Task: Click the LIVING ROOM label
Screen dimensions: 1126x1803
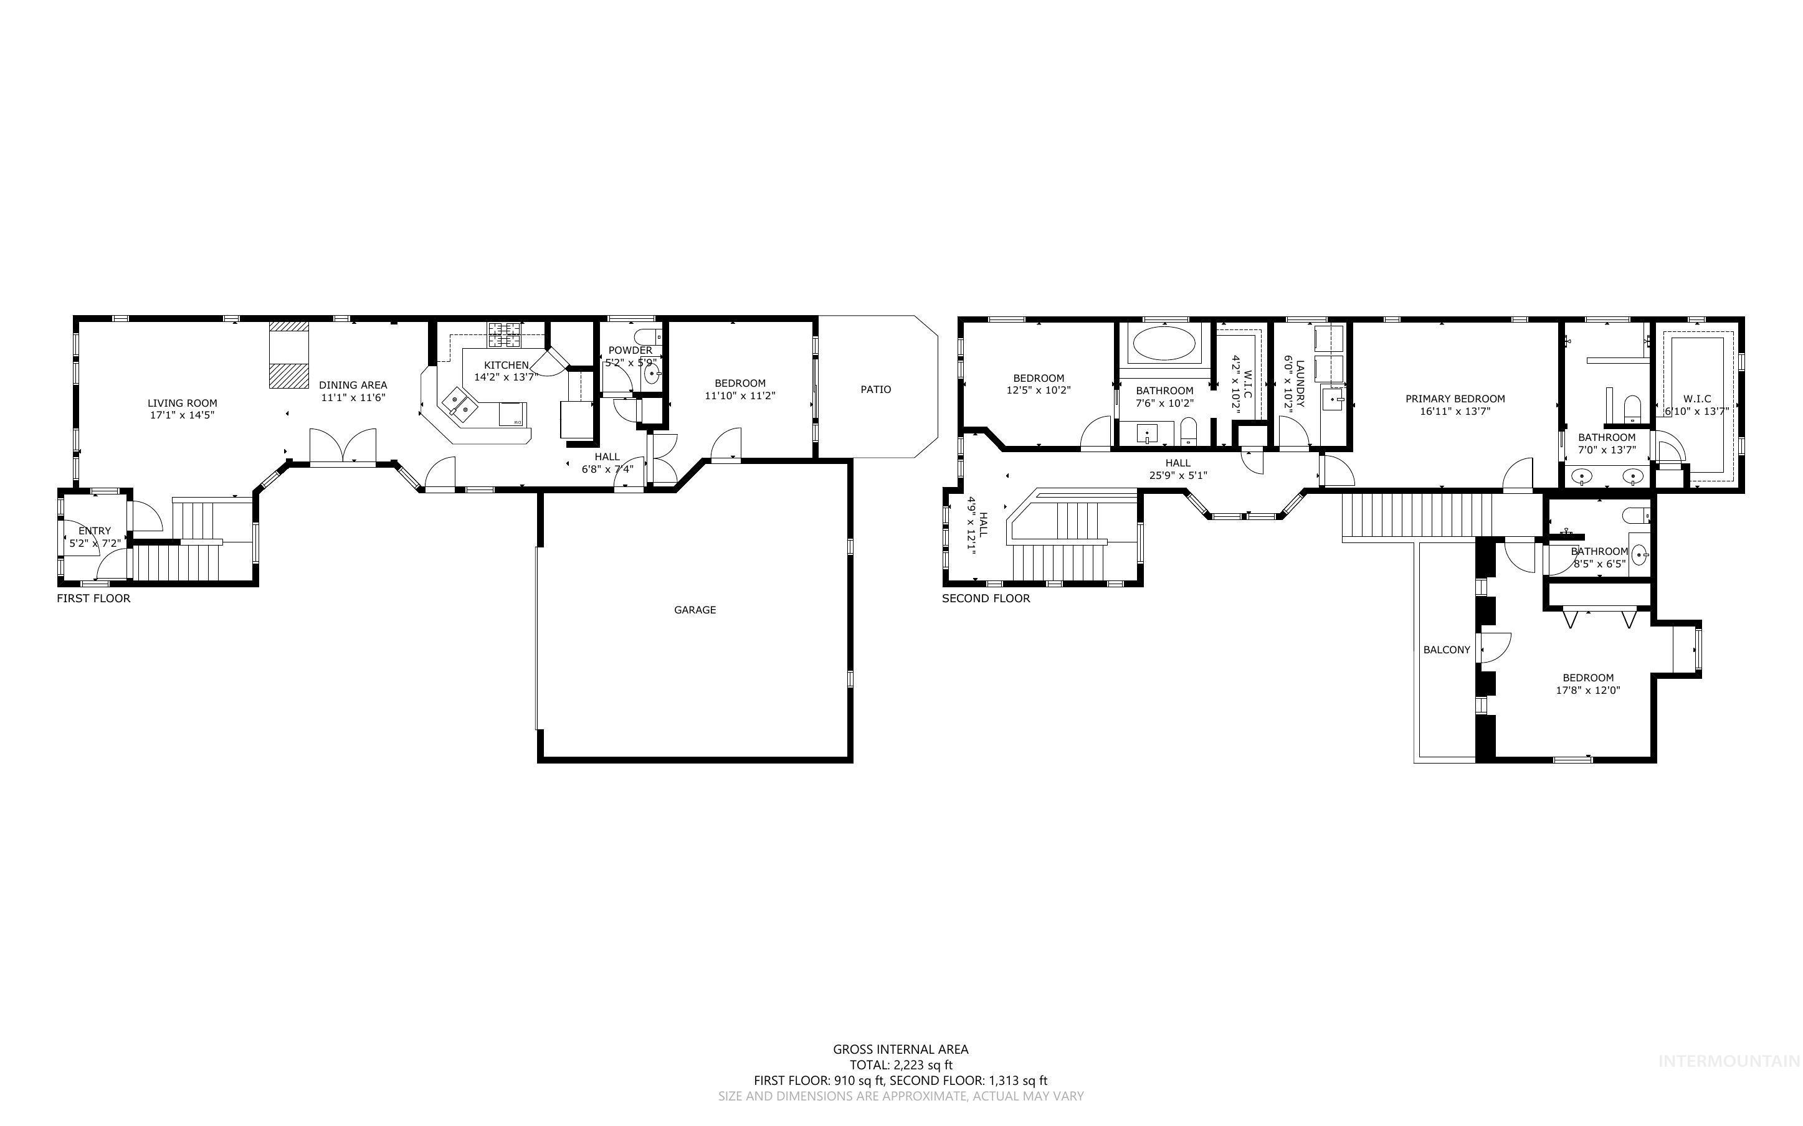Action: pos(182,403)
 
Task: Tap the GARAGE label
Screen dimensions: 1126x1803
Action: pos(695,610)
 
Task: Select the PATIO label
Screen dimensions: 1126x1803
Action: pos(876,389)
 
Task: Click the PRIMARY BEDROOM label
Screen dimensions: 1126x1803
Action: pos(1455,399)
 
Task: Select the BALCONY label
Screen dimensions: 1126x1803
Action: pos(1446,650)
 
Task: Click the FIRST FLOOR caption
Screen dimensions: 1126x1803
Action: pos(94,598)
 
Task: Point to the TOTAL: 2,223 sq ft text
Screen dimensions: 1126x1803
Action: pos(900,1065)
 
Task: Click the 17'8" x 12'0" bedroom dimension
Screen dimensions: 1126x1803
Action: pos(1588,690)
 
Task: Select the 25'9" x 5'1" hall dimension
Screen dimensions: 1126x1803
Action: pos(1177,475)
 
